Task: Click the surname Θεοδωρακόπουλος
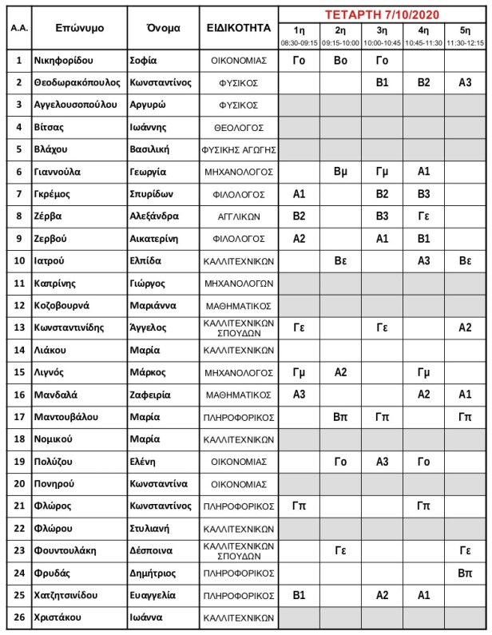coord(78,82)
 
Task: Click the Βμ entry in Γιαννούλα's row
coord(340,172)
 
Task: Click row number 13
coord(19,327)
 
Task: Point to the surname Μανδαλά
coord(58,395)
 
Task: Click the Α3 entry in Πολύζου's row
coord(382,462)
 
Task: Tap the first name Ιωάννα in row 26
coord(147,617)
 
